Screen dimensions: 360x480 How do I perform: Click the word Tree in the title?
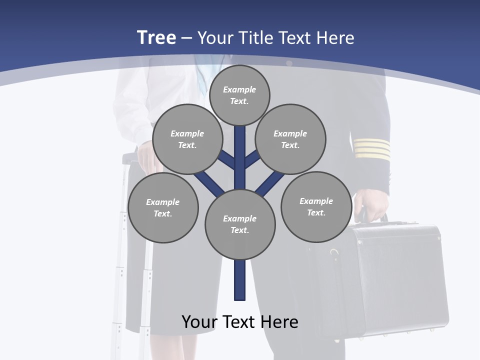pos(156,37)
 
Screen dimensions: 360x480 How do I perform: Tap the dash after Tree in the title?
pos(186,38)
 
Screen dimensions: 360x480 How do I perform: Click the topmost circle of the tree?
pos(239,95)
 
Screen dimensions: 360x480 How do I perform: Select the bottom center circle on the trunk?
pos(240,224)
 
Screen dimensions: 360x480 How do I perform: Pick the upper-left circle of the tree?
pos(187,139)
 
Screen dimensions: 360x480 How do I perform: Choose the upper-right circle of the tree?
pos(290,139)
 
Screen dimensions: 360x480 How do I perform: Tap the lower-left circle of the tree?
pos(163,207)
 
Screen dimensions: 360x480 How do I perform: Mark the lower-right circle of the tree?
pos(316,206)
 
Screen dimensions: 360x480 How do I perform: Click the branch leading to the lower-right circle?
pos(270,182)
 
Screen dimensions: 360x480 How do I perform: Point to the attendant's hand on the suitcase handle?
pos(146,150)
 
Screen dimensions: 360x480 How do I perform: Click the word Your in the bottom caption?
pos(200,322)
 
